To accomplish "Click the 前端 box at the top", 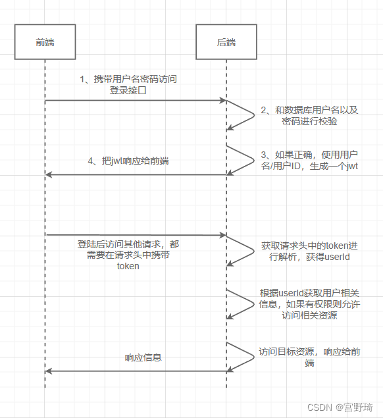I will (45, 42).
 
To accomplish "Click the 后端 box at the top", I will (226, 42).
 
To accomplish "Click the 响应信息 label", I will (143, 358).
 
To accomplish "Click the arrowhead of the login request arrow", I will (222, 101).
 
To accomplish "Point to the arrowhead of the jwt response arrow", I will (49, 174).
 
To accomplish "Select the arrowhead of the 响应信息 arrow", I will (49, 371).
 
